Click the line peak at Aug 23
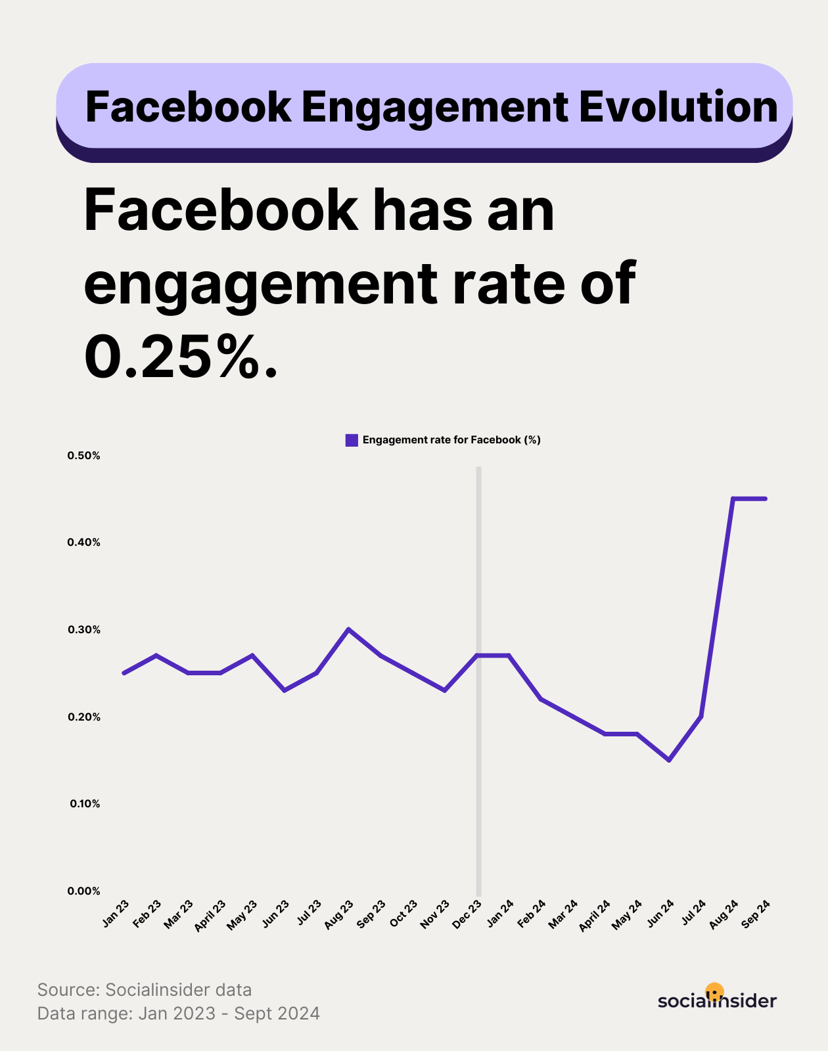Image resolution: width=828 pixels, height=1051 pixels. point(348,629)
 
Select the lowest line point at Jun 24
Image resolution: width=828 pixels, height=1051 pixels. point(669,760)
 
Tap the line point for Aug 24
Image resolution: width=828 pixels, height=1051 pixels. point(733,499)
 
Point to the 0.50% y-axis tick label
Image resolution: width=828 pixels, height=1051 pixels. point(83,456)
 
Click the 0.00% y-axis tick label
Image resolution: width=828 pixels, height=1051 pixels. point(83,891)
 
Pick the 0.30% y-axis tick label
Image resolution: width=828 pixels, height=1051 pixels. point(83,630)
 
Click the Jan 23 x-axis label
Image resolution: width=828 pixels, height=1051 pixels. point(116,914)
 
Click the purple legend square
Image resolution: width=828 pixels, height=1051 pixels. point(352,440)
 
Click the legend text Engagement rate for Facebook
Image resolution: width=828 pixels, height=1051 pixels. point(451,440)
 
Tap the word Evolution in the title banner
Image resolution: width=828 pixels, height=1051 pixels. point(678,107)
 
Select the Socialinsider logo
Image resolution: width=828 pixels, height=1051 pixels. point(717,999)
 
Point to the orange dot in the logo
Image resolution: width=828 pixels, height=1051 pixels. point(714,991)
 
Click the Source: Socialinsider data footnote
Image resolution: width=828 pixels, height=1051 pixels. point(145,990)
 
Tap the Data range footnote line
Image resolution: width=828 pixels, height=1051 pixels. point(179,1014)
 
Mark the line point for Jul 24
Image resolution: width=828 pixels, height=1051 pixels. point(701,717)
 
